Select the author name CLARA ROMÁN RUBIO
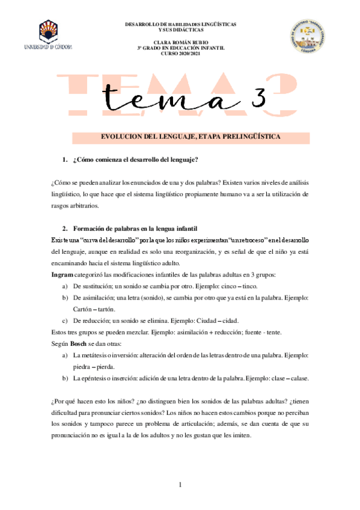[x=180, y=41]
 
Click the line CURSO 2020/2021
[x=180, y=53]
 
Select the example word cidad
[x=236, y=321]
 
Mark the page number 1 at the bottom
[x=180, y=485]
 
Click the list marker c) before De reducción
[x=64, y=321]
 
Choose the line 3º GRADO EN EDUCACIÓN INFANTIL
[x=180, y=48]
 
